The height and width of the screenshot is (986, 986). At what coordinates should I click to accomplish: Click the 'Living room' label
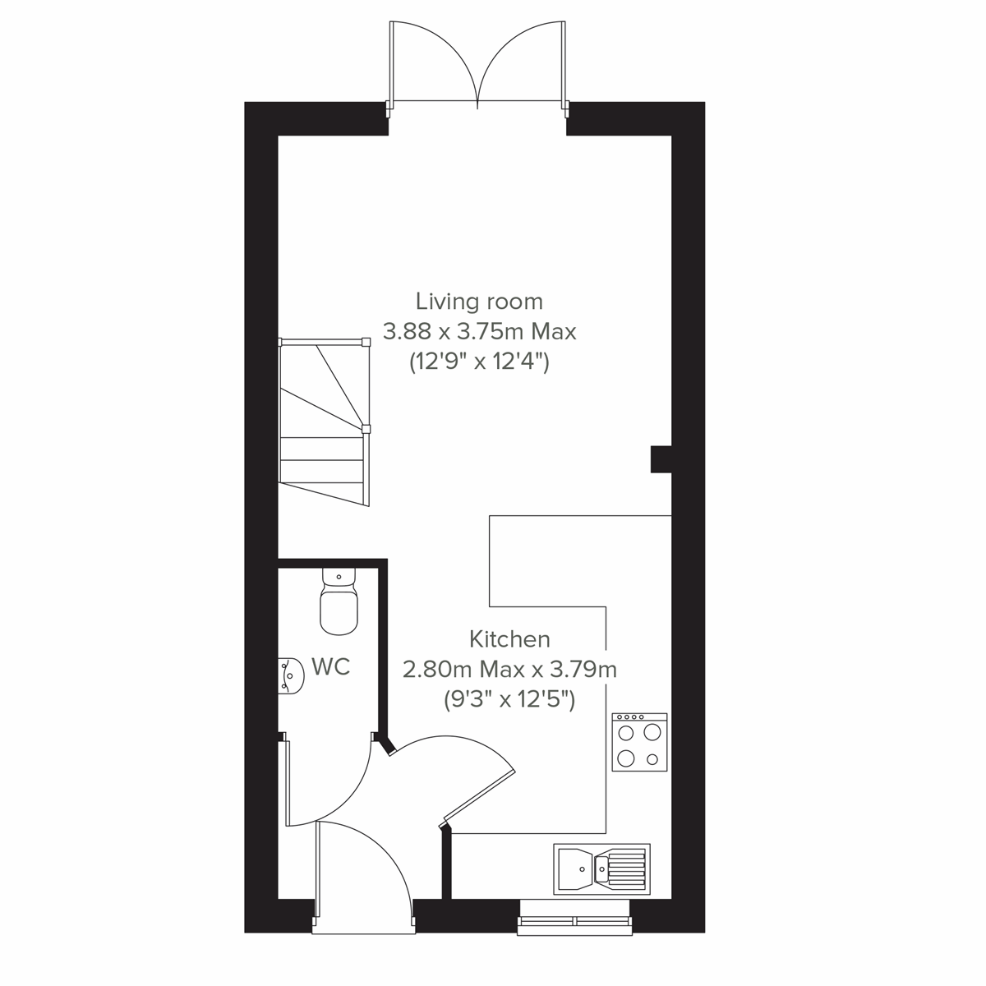(x=479, y=301)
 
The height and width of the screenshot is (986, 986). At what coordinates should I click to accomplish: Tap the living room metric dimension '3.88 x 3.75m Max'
(x=480, y=331)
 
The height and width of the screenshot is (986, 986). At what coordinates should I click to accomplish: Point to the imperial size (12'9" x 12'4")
(x=479, y=362)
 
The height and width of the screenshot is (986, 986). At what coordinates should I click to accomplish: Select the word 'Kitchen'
(x=509, y=638)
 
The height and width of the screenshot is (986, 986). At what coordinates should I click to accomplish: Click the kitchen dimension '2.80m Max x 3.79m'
(x=509, y=669)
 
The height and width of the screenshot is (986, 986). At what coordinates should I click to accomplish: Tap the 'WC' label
(x=330, y=666)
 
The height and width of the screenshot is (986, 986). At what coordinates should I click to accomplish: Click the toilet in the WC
(x=339, y=605)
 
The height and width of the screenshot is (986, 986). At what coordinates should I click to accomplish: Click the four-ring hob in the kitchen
(x=639, y=742)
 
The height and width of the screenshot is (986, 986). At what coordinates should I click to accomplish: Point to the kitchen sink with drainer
(x=601, y=867)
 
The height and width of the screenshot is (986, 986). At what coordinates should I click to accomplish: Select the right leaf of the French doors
(x=523, y=62)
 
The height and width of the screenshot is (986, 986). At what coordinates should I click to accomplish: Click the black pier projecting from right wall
(x=661, y=459)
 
